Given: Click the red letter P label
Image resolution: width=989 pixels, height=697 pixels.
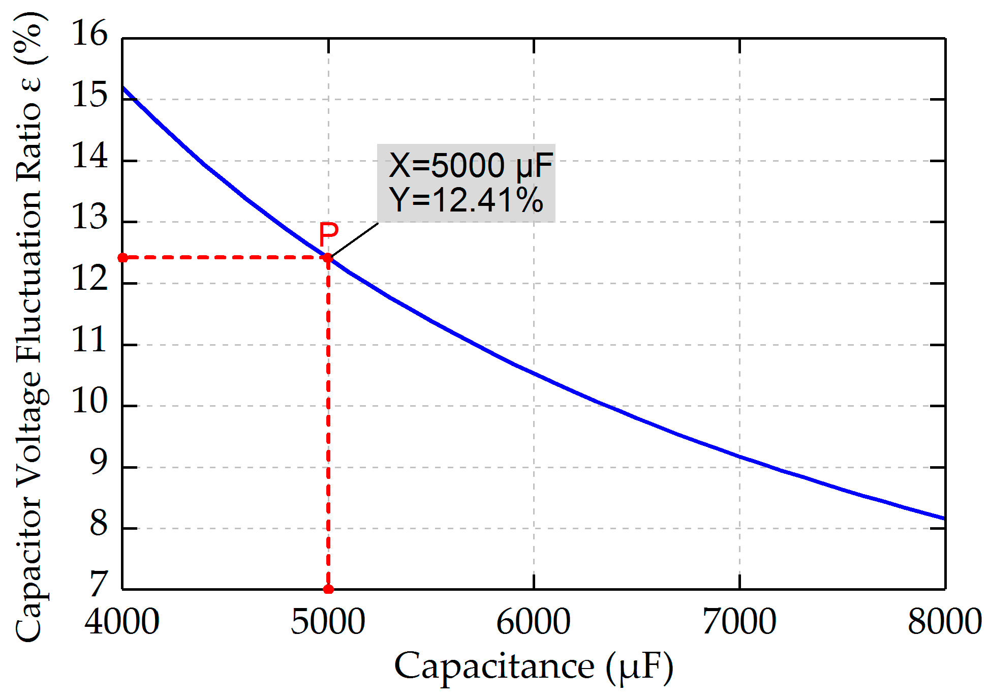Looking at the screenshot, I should [x=328, y=234].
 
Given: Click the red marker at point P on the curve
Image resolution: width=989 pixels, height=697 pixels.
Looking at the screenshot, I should [x=328, y=258].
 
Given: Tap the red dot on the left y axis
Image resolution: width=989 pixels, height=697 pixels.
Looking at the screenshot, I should [x=123, y=258].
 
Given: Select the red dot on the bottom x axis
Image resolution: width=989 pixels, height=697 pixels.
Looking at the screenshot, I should [x=328, y=589].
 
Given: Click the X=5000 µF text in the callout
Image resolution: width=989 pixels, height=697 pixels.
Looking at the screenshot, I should [x=471, y=166].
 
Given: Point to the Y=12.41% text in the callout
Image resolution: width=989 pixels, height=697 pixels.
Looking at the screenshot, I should [x=466, y=200].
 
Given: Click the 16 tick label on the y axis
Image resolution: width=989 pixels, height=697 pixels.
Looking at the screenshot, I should [x=90, y=34].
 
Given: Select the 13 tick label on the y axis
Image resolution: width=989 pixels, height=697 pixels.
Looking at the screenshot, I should [x=90, y=218].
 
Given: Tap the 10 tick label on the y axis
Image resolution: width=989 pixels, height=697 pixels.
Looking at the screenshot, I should [x=90, y=402].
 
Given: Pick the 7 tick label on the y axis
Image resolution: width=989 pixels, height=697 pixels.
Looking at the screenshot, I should [x=99, y=585].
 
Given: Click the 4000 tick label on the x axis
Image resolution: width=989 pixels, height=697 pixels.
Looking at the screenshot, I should [x=122, y=621].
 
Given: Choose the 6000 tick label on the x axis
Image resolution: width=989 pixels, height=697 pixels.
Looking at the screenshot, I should [x=534, y=621].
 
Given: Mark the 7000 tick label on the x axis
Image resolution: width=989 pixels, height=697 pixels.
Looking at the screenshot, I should [x=739, y=621].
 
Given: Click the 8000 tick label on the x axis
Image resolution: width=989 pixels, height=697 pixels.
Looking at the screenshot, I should [x=944, y=621].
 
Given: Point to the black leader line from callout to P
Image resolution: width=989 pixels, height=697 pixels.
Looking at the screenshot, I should [x=354, y=239].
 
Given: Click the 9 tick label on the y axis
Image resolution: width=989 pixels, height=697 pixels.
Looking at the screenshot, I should [x=99, y=463].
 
